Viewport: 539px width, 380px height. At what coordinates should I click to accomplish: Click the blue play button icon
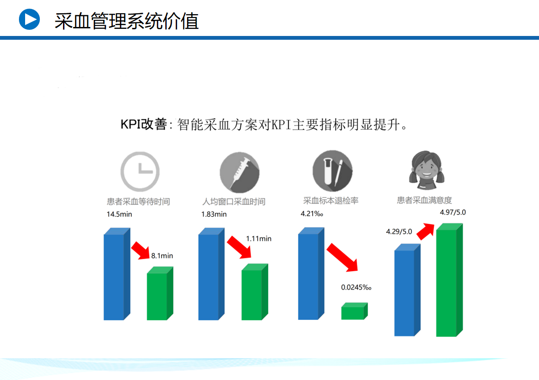(29, 19)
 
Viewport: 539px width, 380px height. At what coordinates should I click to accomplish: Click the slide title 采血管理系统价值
(126, 21)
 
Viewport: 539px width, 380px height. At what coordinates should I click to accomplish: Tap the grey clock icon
(140, 171)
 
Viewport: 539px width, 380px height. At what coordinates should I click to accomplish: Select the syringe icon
(240, 172)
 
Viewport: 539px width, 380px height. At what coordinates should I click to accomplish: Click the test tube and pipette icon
(332, 170)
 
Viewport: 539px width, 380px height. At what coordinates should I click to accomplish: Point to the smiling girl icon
(427, 170)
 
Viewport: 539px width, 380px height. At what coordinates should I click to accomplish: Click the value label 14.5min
(119, 214)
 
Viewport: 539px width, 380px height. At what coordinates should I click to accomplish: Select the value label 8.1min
(162, 256)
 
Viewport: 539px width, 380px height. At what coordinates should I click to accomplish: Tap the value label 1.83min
(214, 214)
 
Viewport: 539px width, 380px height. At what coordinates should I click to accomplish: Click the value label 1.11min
(259, 239)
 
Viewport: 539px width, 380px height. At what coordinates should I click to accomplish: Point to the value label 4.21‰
(312, 213)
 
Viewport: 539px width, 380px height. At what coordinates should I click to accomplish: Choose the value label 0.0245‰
(356, 287)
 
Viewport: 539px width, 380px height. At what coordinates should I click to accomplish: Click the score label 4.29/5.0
(399, 231)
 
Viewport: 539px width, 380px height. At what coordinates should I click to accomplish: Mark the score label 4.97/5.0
(453, 212)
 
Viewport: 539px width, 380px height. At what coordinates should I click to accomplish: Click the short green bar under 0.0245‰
(354, 311)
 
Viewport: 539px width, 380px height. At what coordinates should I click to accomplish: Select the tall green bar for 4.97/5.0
(449, 280)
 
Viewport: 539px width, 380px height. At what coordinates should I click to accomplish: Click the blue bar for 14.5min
(117, 274)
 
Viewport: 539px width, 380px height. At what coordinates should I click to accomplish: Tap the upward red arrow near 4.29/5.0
(425, 231)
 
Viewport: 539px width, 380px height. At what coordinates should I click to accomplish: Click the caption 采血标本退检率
(331, 200)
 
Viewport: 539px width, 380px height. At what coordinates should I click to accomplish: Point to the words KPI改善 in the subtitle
(144, 124)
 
